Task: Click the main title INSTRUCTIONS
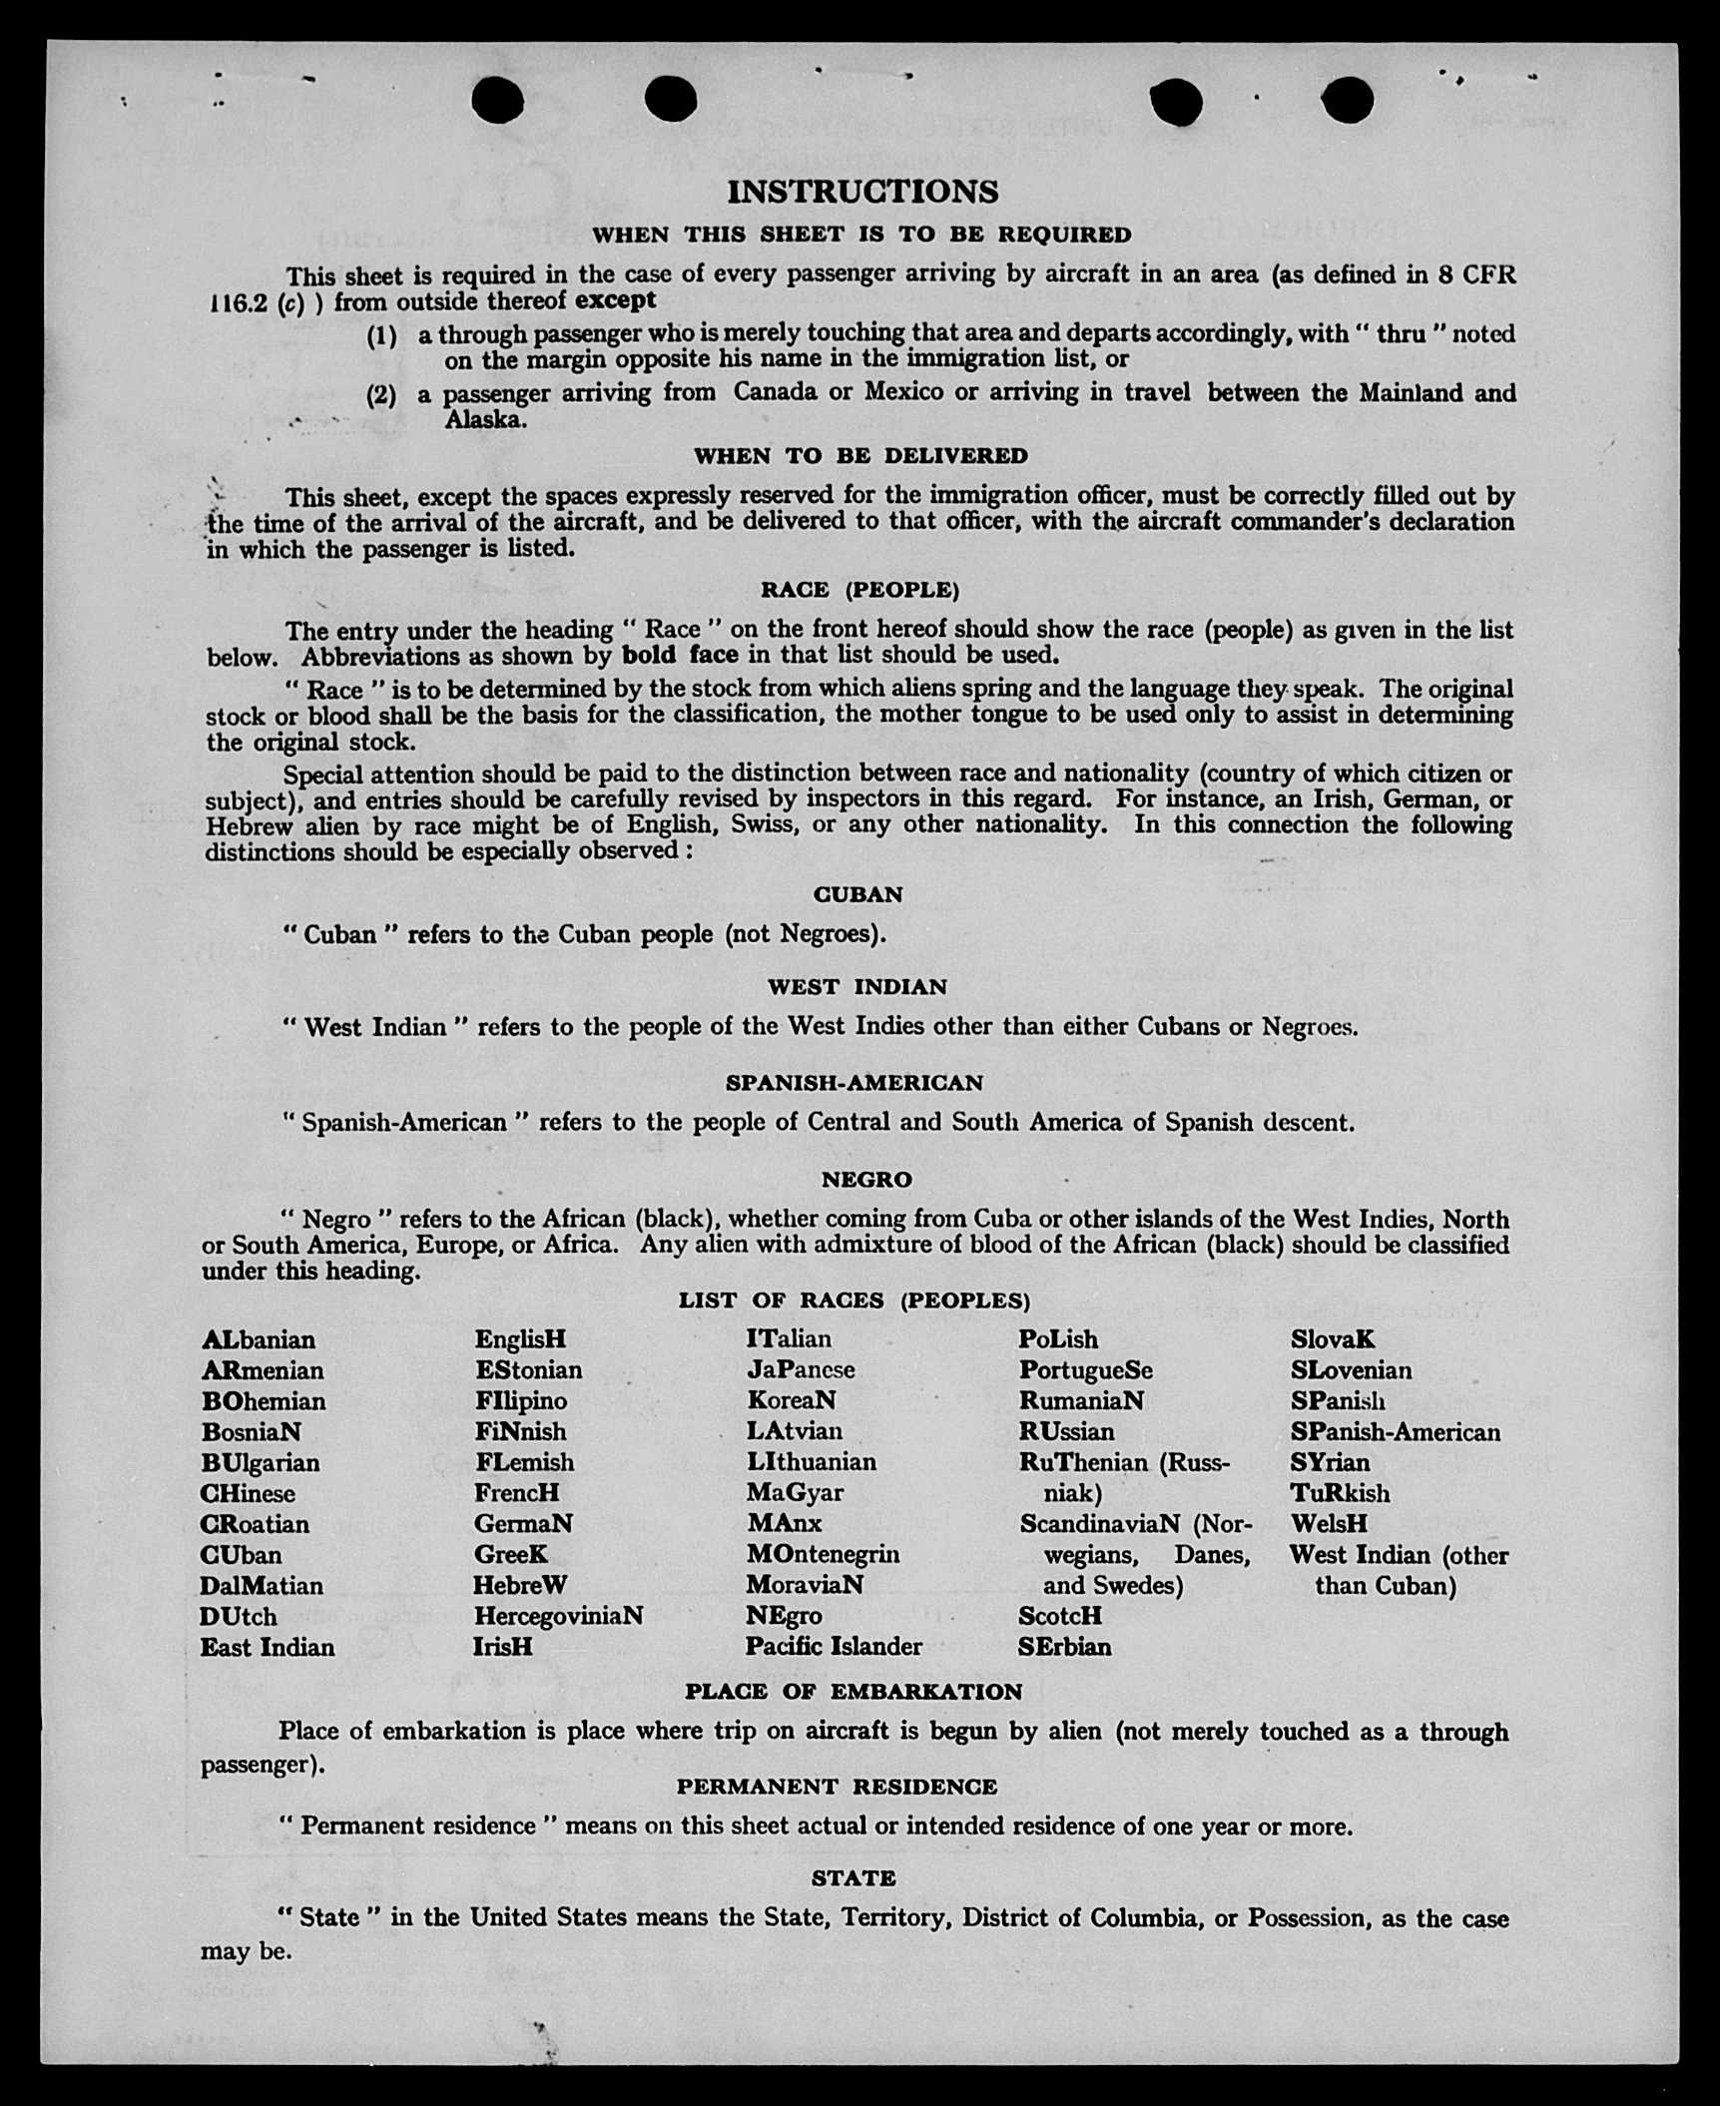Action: click(862, 192)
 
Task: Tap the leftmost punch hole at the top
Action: click(497, 101)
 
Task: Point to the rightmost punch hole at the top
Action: click(1347, 101)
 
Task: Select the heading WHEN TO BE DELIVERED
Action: click(860, 456)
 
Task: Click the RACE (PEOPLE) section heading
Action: click(860, 590)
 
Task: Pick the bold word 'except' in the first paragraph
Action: click(616, 300)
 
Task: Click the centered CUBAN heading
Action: click(859, 894)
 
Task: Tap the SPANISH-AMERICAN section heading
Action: click(854, 1083)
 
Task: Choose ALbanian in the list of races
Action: click(259, 1339)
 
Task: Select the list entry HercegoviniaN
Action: click(558, 1616)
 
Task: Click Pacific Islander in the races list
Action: click(834, 1647)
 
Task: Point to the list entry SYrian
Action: click(1330, 1462)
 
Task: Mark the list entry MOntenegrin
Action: click(823, 1554)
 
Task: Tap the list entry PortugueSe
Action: click(1085, 1370)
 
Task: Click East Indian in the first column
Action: click(268, 1647)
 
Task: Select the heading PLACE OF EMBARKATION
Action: click(854, 1692)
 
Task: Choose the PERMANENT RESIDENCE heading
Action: click(837, 1787)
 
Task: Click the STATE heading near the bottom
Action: click(854, 1878)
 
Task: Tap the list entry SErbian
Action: click(1064, 1647)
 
